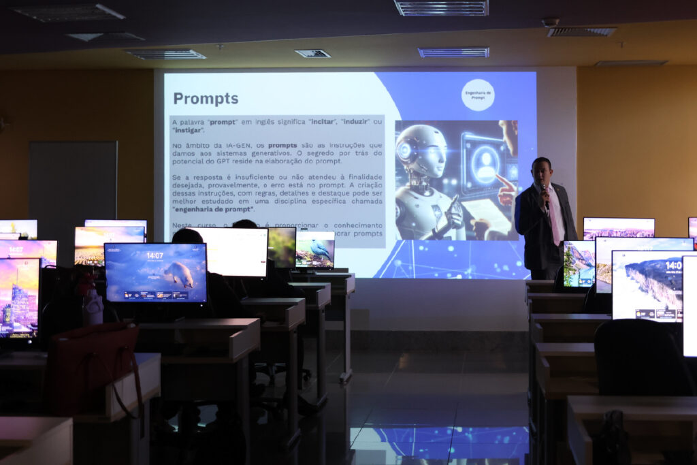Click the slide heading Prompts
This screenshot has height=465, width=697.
[x=206, y=99]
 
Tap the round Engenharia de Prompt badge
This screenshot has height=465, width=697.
[x=478, y=95]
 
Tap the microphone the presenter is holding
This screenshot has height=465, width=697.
[x=544, y=194]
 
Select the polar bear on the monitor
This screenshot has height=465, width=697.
[x=179, y=275]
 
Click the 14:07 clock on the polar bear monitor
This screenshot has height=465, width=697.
[x=155, y=256]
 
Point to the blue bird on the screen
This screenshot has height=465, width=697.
[x=320, y=249]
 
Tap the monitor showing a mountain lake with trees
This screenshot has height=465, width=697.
[x=579, y=264]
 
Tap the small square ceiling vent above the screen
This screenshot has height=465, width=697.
[x=312, y=53]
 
